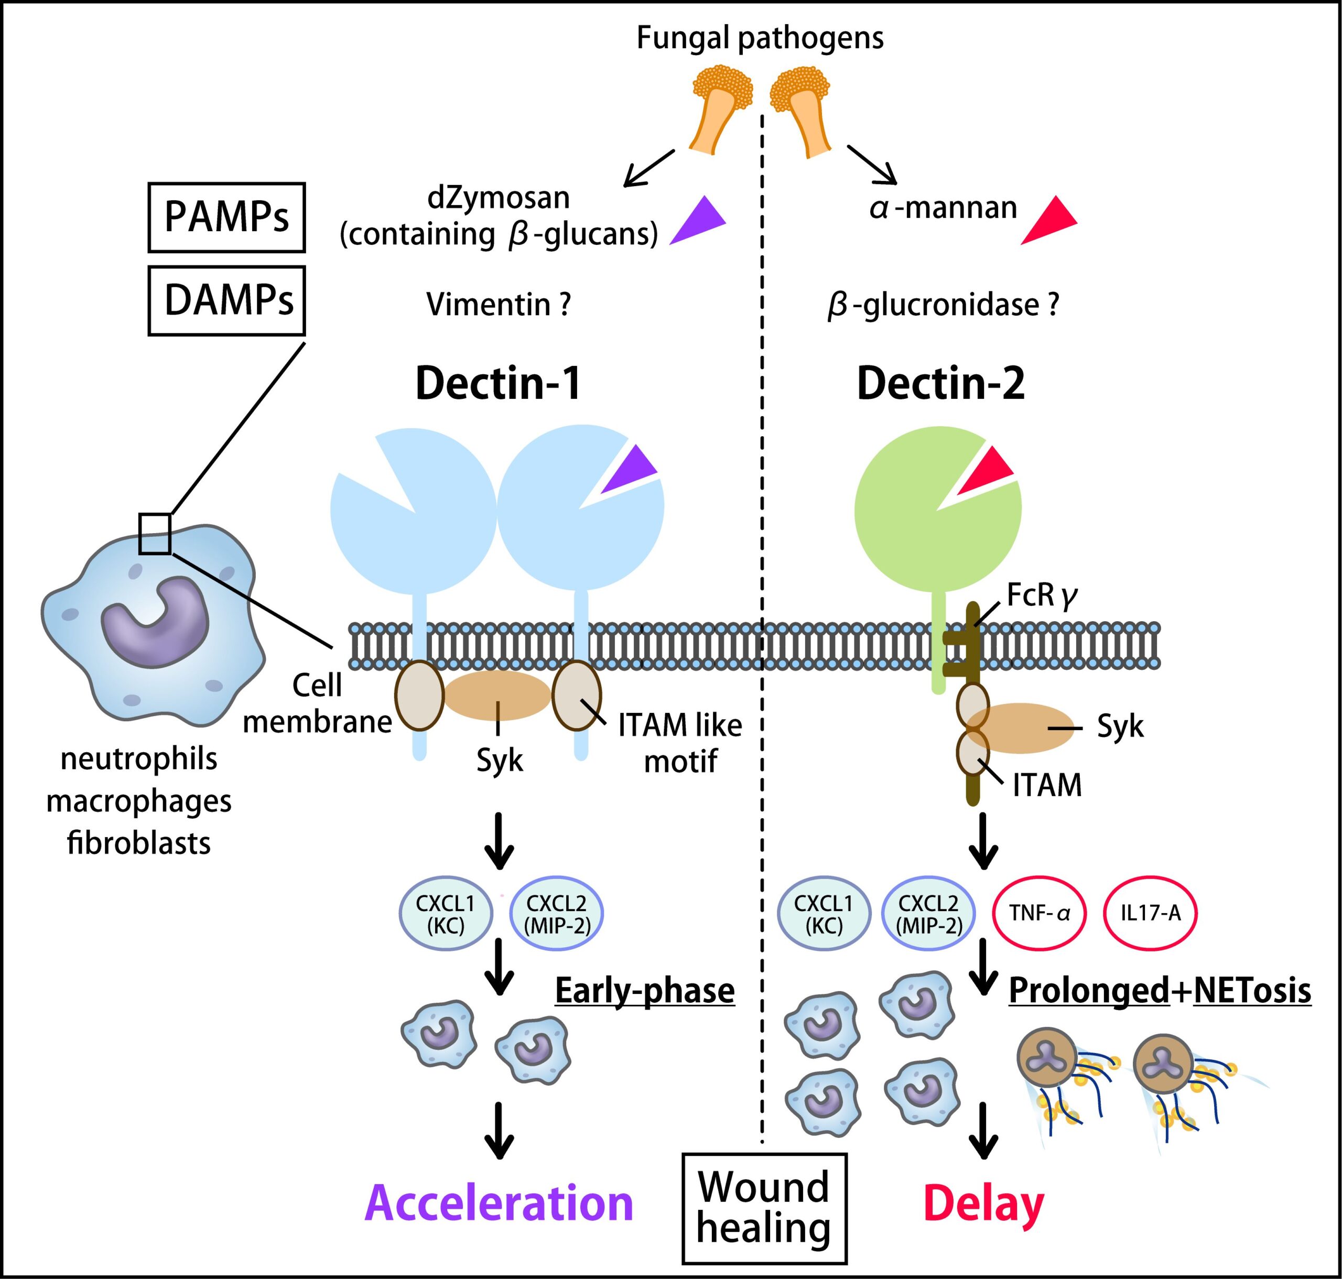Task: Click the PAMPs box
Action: click(226, 217)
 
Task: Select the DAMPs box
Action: click(226, 300)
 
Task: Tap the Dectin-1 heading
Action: click(499, 383)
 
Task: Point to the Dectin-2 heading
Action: click(940, 383)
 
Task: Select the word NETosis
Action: click(1252, 990)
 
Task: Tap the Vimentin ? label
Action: click(499, 304)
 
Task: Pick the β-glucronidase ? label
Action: click(943, 305)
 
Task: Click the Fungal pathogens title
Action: click(760, 38)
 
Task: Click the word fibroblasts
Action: click(139, 843)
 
